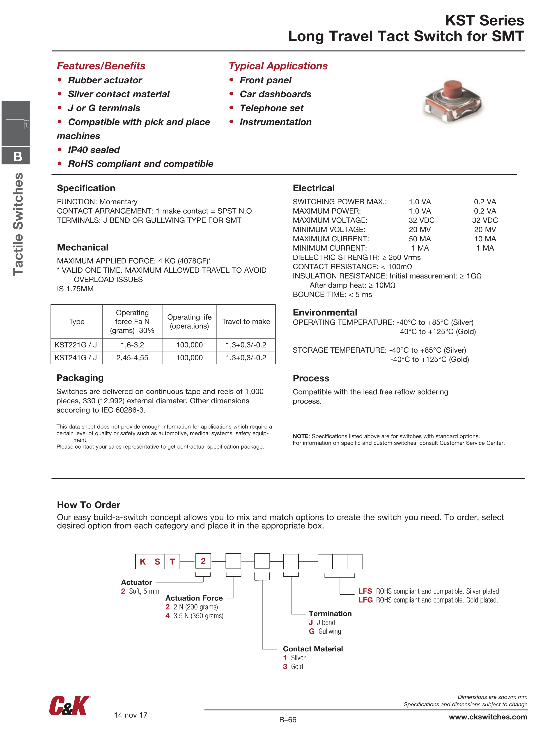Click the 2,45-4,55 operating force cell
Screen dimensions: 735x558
132,358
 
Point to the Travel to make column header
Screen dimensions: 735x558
246,322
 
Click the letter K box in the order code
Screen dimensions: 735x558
143,562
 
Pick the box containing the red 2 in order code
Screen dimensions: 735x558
203,561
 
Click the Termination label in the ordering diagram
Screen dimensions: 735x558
330,614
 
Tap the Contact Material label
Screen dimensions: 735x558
312,649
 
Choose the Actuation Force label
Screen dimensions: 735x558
194,598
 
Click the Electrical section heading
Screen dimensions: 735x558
313,188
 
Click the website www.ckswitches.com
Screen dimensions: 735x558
488,717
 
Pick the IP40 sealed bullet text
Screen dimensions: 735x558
94,150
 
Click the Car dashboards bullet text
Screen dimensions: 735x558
275,94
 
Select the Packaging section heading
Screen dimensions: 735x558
80,378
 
